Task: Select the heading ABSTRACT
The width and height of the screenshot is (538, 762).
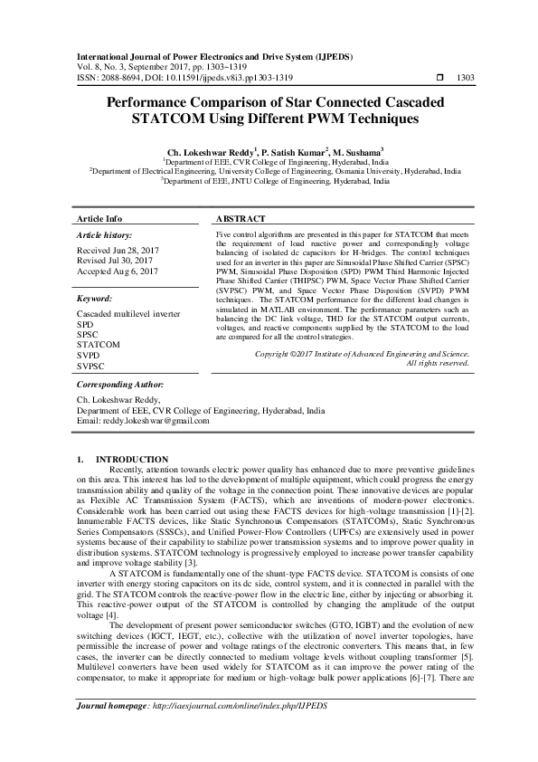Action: pyautogui.click(x=241, y=219)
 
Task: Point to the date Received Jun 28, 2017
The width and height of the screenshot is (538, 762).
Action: pyautogui.click(x=117, y=249)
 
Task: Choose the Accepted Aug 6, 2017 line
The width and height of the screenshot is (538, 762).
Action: pyautogui.click(x=117, y=270)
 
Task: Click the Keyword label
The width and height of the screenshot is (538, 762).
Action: pyautogui.click(x=94, y=297)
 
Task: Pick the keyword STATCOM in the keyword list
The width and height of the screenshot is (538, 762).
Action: pyautogui.click(x=98, y=344)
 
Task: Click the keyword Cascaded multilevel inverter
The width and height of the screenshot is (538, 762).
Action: pyautogui.click(x=128, y=313)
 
